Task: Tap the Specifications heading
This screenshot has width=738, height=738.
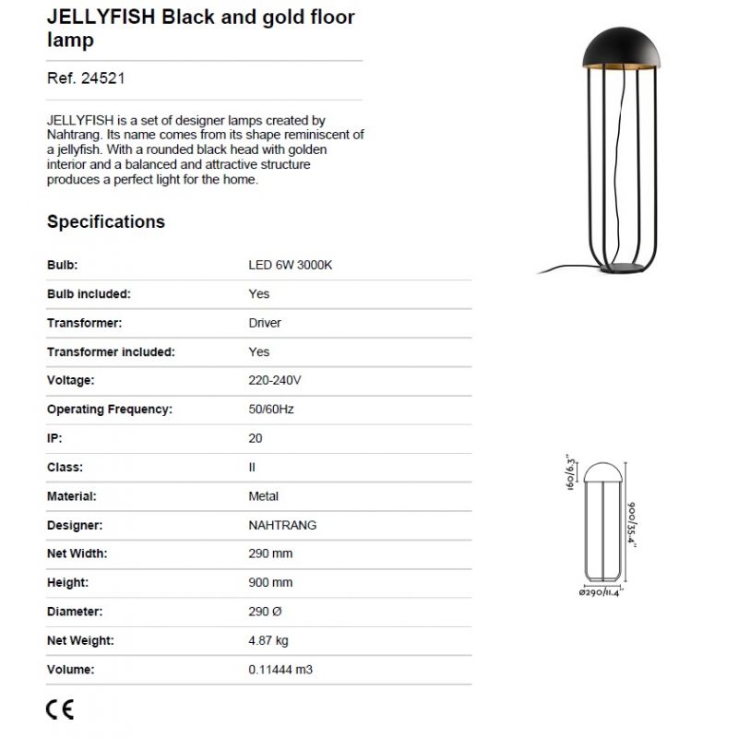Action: (106, 221)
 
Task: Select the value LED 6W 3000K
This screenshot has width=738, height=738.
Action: (290, 265)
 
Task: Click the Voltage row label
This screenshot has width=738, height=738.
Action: (71, 380)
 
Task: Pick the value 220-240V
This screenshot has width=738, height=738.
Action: (275, 380)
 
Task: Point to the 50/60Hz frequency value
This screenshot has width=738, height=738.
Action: (271, 409)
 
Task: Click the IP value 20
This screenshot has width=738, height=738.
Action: (256, 438)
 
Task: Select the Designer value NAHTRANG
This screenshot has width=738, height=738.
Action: (282, 525)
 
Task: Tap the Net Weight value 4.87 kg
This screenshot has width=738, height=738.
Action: (268, 641)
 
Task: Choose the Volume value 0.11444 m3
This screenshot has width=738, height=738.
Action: (280, 670)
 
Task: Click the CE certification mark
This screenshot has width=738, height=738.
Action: (60, 709)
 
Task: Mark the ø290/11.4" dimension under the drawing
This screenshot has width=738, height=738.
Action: (601, 593)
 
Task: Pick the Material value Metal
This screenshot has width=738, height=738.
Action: (264, 496)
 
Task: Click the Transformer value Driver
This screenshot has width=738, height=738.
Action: (265, 323)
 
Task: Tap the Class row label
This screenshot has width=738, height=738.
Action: (65, 467)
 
